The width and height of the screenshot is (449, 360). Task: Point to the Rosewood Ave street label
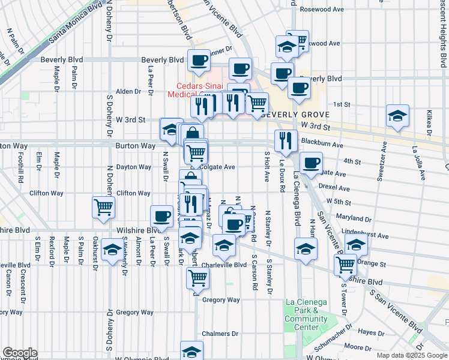pyautogui.click(x=322, y=9)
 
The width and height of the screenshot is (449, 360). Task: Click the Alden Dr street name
pyautogui.click(x=128, y=91)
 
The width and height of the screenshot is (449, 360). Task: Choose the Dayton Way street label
pyautogui.click(x=134, y=167)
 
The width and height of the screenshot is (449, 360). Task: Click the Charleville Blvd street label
pyautogui.click(x=224, y=264)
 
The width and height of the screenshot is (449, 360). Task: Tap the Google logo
pyautogui.click(x=19, y=353)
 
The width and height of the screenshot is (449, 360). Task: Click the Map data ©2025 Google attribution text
pyautogui.click(x=412, y=355)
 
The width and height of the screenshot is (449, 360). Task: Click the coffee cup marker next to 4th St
pyautogui.click(x=311, y=163)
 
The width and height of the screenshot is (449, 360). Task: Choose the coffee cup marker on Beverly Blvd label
pyautogui.click(x=199, y=59)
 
